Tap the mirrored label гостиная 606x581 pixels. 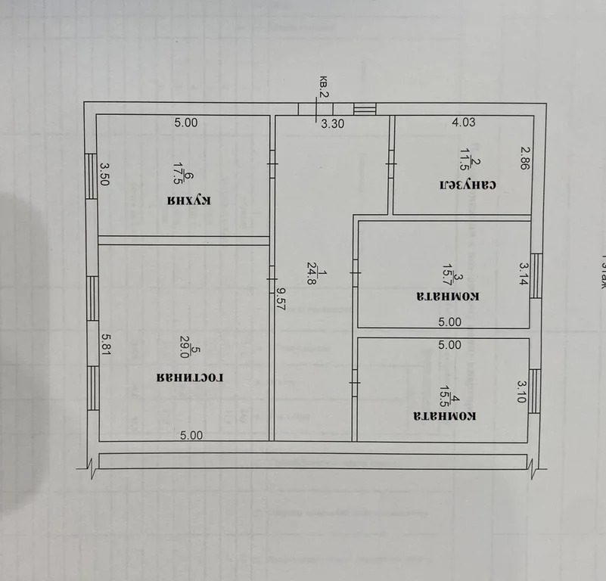coord(192,376)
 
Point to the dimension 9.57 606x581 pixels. coord(281,296)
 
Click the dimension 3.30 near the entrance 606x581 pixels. coord(333,125)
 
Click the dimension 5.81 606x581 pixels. coord(106,346)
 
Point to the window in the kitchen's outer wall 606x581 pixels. coord(90,176)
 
